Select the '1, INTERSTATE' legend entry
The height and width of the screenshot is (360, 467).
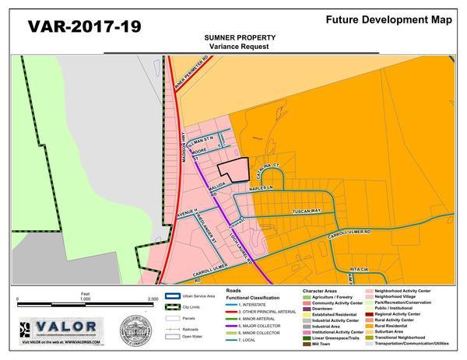[x=249, y=306]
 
